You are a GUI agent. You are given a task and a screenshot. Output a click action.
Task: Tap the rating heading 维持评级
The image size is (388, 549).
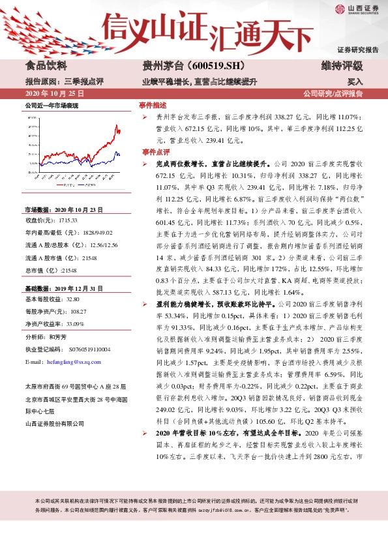(341, 65)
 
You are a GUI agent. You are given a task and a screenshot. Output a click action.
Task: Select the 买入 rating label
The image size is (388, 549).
(355, 82)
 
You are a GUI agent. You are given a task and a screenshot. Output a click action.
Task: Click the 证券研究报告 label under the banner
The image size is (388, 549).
(357, 50)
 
